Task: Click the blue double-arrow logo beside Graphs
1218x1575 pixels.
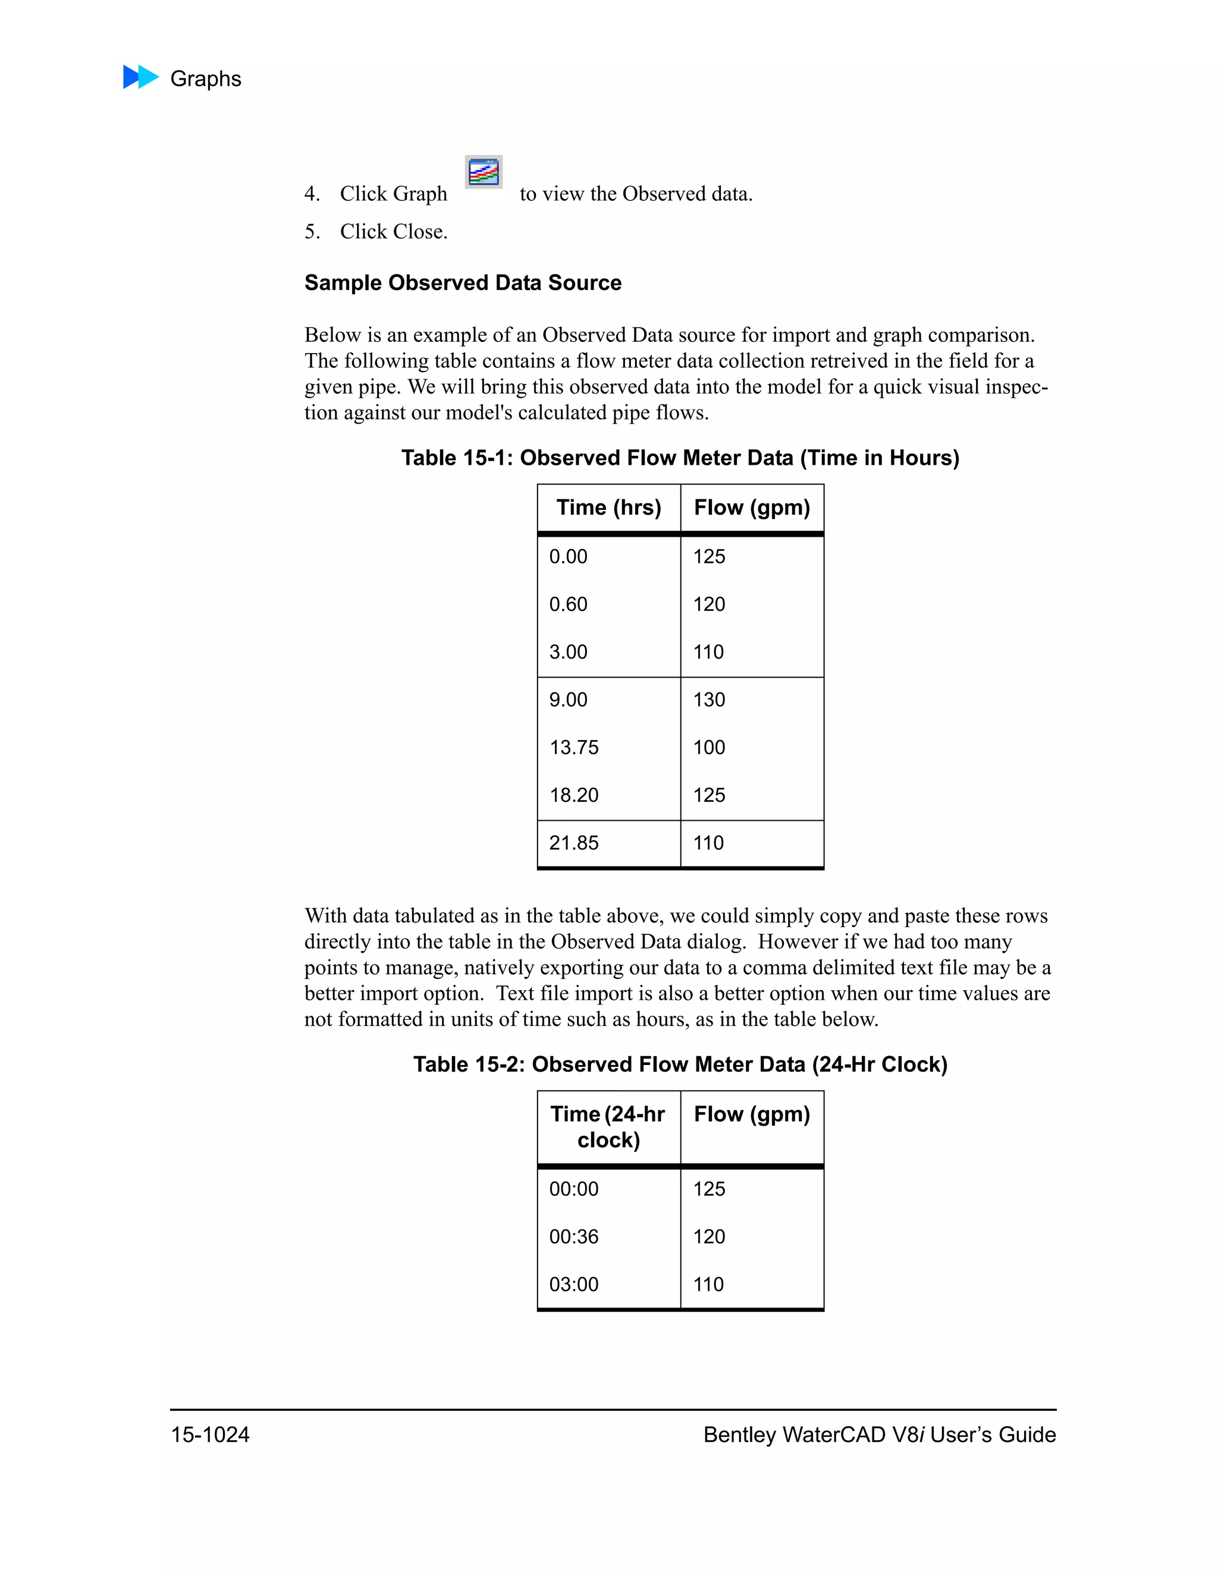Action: [141, 77]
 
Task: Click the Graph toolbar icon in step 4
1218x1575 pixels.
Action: [484, 172]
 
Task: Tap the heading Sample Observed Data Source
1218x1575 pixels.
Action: [463, 283]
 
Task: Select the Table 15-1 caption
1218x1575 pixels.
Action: [680, 458]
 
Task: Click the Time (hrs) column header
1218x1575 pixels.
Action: [608, 508]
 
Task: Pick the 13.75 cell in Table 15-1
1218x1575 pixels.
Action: [574, 748]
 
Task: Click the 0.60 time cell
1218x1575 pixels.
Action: [568, 604]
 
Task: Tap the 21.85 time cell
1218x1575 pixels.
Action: [574, 843]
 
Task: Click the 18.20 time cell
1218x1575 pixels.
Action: [574, 795]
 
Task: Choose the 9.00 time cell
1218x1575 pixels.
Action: [568, 700]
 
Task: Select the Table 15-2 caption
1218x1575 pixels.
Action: [680, 1064]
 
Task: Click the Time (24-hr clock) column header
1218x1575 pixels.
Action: [608, 1127]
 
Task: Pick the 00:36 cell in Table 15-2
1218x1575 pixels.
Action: [574, 1237]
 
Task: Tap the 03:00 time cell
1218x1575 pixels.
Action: [574, 1284]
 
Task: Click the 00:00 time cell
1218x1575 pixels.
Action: [574, 1189]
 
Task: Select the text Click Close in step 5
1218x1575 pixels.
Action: [393, 231]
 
